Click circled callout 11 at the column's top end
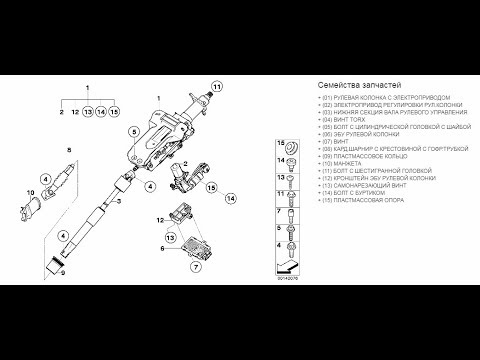214,89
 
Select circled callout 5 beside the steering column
133,132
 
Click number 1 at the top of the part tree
89,90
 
